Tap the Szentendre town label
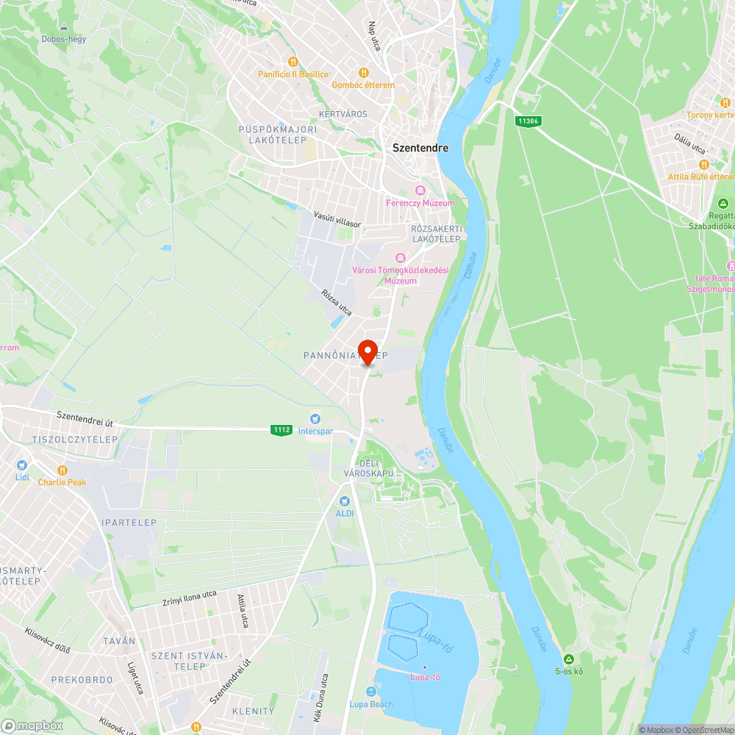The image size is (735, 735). click(420, 148)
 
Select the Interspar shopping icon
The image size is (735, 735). click(315, 418)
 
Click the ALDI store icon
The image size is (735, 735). click(343, 501)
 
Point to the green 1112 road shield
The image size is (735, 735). click(281, 430)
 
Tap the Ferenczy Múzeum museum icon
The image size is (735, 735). click(420, 190)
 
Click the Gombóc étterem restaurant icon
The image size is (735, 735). click(362, 73)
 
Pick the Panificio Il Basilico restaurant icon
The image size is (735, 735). click(293, 62)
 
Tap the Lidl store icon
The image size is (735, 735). click(21, 465)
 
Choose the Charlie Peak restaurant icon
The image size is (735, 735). click(62, 470)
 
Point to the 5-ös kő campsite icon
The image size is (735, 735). click(568, 659)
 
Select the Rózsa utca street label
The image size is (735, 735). click(337, 303)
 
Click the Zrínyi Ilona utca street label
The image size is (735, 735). click(189, 598)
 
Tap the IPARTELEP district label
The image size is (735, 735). click(129, 523)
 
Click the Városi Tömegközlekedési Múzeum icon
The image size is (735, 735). click(401, 257)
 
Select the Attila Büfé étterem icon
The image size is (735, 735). click(703, 165)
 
